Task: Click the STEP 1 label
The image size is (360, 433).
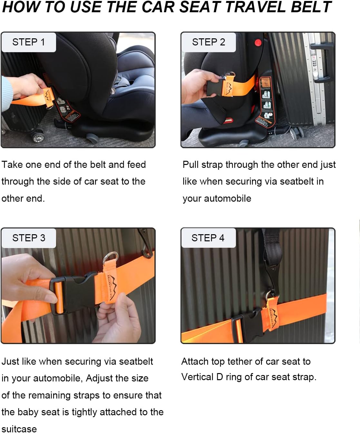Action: point(28,42)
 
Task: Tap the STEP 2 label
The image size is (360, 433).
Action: point(208,42)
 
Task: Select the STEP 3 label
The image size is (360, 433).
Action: point(29,238)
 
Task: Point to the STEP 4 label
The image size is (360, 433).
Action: point(208,238)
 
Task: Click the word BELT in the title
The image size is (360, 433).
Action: point(311,7)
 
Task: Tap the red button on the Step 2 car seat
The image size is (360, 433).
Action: point(258,43)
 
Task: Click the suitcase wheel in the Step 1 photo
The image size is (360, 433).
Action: point(38,137)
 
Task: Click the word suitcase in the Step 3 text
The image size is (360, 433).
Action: point(19,428)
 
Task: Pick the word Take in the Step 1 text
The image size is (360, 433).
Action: point(12,165)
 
